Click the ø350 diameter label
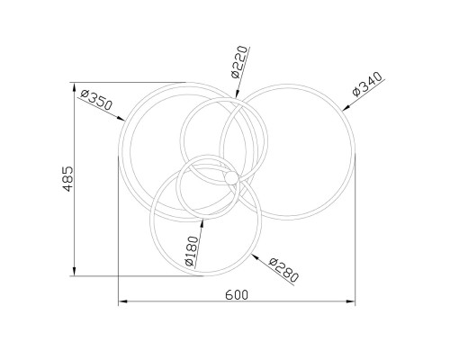[x=96, y=100]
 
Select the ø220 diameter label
[x=240, y=62]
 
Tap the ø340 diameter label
[x=368, y=84]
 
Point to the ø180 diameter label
[x=192, y=251]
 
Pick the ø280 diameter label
[x=283, y=270]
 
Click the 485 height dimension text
[x=68, y=179]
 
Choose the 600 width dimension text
[x=237, y=295]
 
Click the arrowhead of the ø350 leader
[x=121, y=119]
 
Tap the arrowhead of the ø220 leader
[x=238, y=94]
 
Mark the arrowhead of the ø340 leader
[x=346, y=108]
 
